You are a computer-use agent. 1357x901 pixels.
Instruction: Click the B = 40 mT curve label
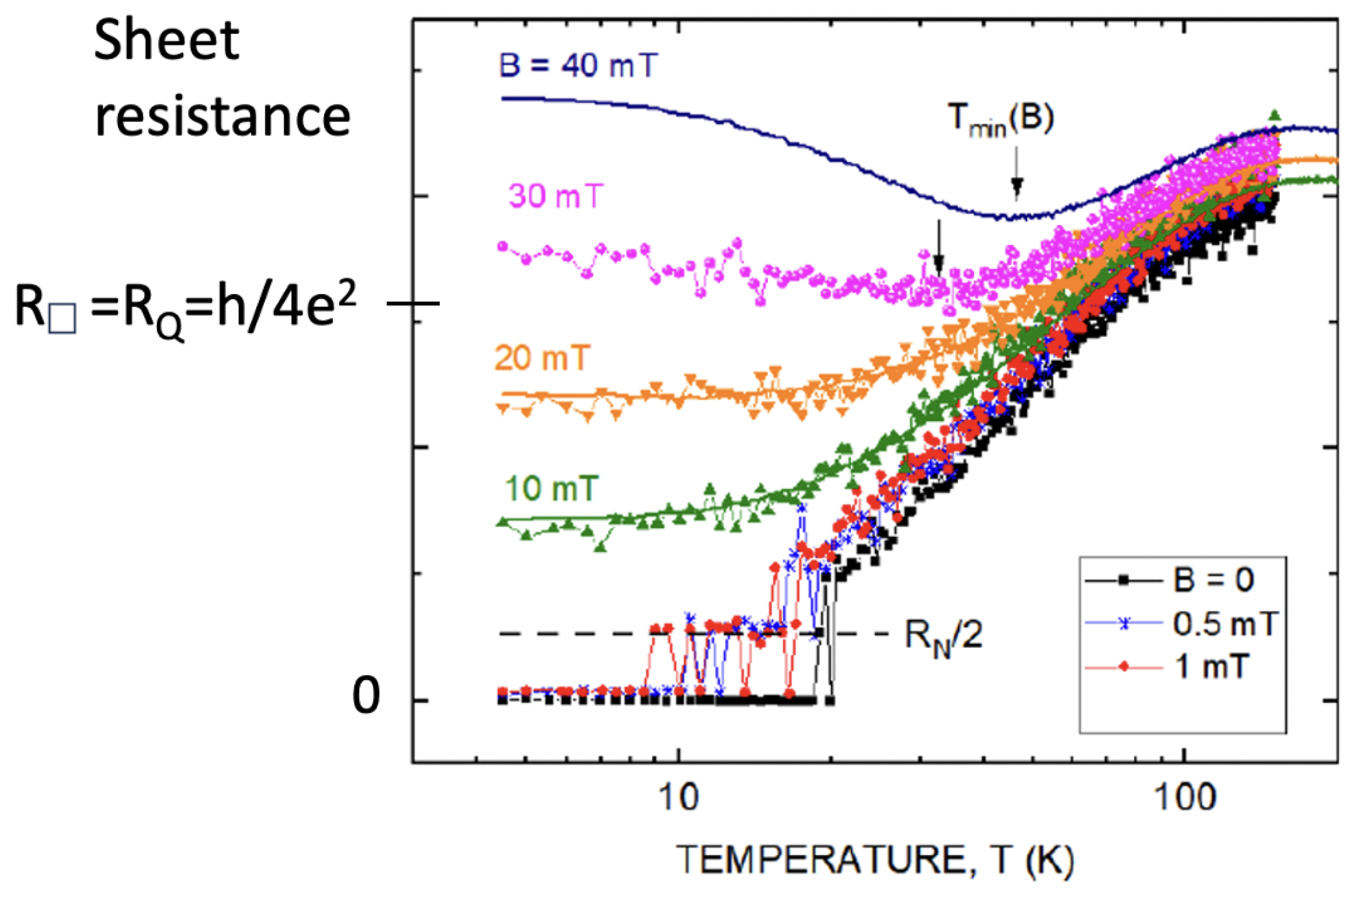[x=577, y=65]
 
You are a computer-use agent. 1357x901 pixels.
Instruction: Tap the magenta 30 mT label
[x=556, y=196]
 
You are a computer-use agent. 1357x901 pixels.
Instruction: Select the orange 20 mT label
[x=541, y=358]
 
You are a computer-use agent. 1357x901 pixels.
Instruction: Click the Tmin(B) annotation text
[x=1000, y=120]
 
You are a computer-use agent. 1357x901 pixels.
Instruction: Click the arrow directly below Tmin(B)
[x=1016, y=174]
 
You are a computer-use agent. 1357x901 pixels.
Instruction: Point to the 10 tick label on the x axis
[x=678, y=798]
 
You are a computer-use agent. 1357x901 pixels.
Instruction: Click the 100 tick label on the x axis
[x=1184, y=798]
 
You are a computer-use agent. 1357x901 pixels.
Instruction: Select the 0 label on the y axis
[x=366, y=696]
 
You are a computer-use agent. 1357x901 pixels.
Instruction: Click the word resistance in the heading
[x=222, y=116]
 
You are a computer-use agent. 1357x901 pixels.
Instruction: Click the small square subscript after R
[x=62, y=320]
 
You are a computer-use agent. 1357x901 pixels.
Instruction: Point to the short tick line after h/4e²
[x=414, y=303]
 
